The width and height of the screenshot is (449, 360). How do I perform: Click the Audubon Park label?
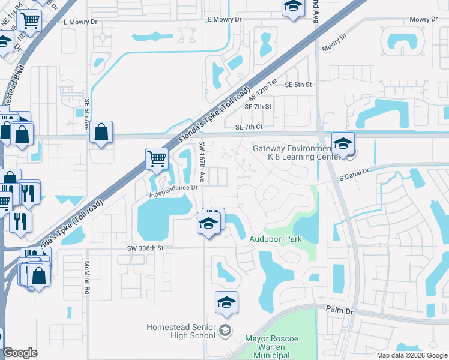[x=275, y=239]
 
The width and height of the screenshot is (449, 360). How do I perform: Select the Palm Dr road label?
[x=338, y=310]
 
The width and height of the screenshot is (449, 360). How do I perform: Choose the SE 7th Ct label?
[x=249, y=127]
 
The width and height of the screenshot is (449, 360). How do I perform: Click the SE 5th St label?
[x=299, y=85]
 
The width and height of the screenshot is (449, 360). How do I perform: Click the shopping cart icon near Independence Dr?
[x=157, y=159]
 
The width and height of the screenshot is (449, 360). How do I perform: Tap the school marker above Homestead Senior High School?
[x=226, y=303]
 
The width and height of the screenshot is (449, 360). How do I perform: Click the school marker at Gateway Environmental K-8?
[x=343, y=144]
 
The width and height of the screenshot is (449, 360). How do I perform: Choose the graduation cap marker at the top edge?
[x=292, y=7]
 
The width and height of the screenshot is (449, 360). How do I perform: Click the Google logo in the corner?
[x=20, y=353]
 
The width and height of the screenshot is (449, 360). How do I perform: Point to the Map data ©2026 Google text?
[x=411, y=355]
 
